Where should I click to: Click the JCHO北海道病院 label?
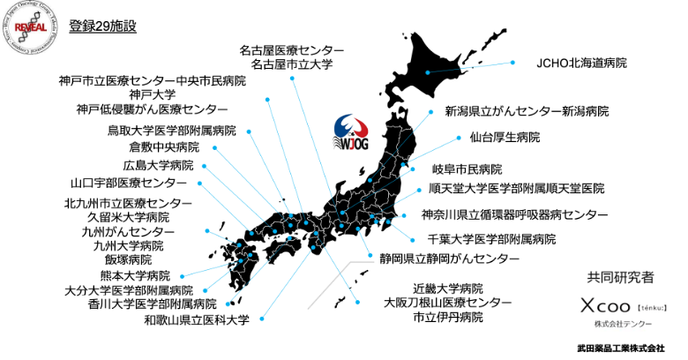[581, 64]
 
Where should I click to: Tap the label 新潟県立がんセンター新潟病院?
[527, 112]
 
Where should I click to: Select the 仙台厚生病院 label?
[504, 139]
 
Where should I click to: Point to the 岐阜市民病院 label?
[467, 169]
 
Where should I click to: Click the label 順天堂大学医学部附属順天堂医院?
[516, 188]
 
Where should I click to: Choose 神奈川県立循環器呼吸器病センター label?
[513, 214]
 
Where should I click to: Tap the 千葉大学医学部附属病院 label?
[491, 239]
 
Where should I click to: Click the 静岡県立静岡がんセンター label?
[437, 259]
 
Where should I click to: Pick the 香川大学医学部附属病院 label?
[152, 304]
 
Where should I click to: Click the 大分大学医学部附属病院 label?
[128, 289]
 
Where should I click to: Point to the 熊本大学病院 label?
[133, 275]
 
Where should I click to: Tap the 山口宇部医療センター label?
[128, 184]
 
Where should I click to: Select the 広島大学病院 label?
[158, 165]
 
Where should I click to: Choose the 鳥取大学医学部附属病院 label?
[171, 130]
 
